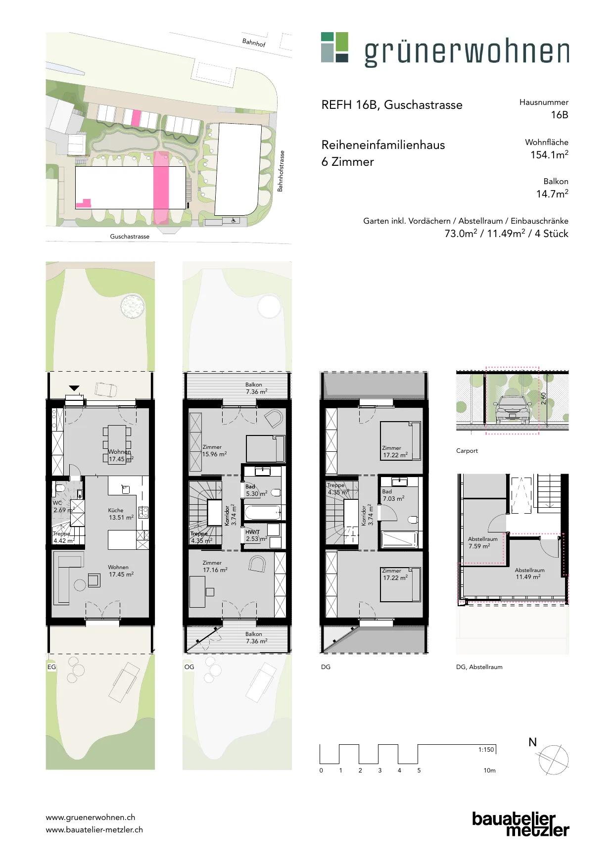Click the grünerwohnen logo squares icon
pyautogui.click(x=334, y=48)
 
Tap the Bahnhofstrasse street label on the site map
pyautogui.click(x=281, y=171)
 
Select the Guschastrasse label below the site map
pyautogui.click(x=130, y=237)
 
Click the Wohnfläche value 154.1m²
pyautogui.click(x=549, y=155)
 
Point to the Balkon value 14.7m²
pyautogui.click(x=552, y=194)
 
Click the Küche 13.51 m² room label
pyautogui.click(x=121, y=514)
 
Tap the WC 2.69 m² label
pyautogui.click(x=64, y=506)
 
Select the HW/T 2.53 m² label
pyautogui.click(x=256, y=535)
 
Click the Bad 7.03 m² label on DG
pyautogui.click(x=393, y=495)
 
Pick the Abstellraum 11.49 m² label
pyautogui.click(x=529, y=574)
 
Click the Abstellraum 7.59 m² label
pyautogui.click(x=482, y=543)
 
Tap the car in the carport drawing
pyautogui.click(x=513, y=409)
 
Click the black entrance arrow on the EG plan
pyautogui.click(x=74, y=388)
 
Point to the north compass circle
pyautogui.click(x=554, y=760)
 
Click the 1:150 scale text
pyautogui.click(x=486, y=750)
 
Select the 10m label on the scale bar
pyautogui.click(x=489, y=771)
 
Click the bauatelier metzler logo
pyautogui.click(x=520, y=824)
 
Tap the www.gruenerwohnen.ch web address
pyautogui.click(x=91, y=818)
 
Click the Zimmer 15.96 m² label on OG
pyautogui.click(x=214, y=451)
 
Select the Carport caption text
pyautogui.click(x=467, y=451)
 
